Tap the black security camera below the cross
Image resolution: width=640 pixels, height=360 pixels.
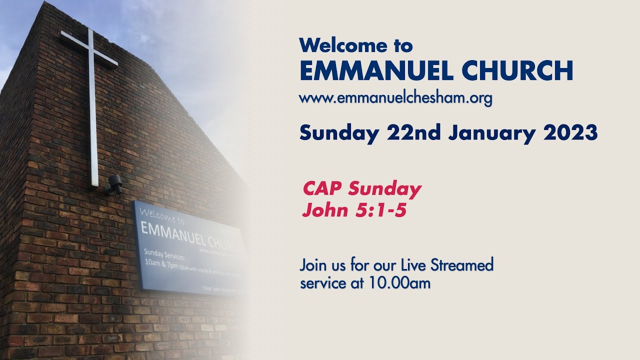(x=114, y=184)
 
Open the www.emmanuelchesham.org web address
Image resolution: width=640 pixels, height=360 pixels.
(x=395, y=98)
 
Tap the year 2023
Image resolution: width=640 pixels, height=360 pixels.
(x=570, y=133)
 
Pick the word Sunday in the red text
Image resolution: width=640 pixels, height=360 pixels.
(x=384, y=190)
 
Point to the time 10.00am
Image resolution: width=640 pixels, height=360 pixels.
(x=399, y=283)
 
